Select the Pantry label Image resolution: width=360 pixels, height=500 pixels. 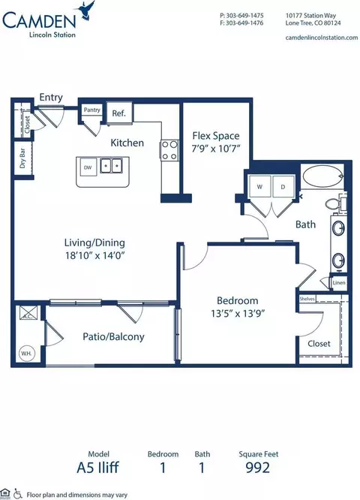92,110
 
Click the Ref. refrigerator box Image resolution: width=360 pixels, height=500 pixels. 118,113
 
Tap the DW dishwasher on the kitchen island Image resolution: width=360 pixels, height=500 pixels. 88,167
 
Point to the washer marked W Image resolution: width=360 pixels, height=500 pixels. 259,186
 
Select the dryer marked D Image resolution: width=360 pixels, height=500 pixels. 283,186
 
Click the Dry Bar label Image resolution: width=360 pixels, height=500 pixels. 22,162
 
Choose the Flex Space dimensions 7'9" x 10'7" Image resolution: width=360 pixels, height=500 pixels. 216,148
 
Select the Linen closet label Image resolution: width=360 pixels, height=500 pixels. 339,283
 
